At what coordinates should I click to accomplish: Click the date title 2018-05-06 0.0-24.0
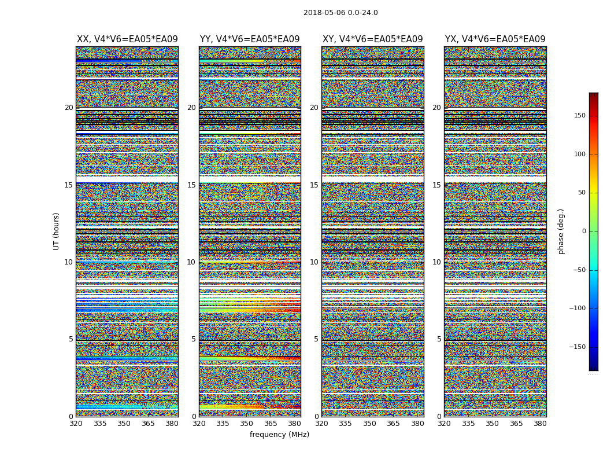point(340,13)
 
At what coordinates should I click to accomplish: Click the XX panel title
point(127,39)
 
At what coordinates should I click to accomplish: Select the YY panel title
point(250,39)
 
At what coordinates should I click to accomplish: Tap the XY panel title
point(372,39)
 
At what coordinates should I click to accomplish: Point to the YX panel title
point(495,39)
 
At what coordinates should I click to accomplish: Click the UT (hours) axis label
point(56,231)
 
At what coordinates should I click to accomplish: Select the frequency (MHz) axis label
point(279,435)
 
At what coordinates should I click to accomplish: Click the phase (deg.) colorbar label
point(561,231)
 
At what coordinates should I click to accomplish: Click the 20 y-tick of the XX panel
point(69,108)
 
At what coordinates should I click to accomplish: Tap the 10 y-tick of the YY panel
point(191,262)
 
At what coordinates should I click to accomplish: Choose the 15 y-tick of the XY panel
point(314,185)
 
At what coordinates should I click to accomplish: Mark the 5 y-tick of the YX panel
point(439,339)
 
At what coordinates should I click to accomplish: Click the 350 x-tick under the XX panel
point(124,424)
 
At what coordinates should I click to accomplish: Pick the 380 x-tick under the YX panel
point(540,424)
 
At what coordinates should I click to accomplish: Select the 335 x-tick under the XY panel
point(345,424)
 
